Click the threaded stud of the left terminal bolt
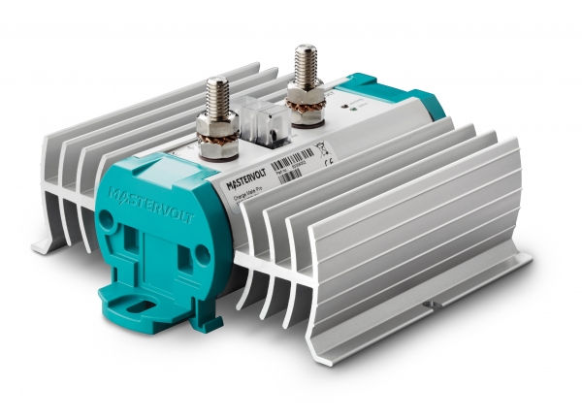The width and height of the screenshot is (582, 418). click(217, 97)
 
